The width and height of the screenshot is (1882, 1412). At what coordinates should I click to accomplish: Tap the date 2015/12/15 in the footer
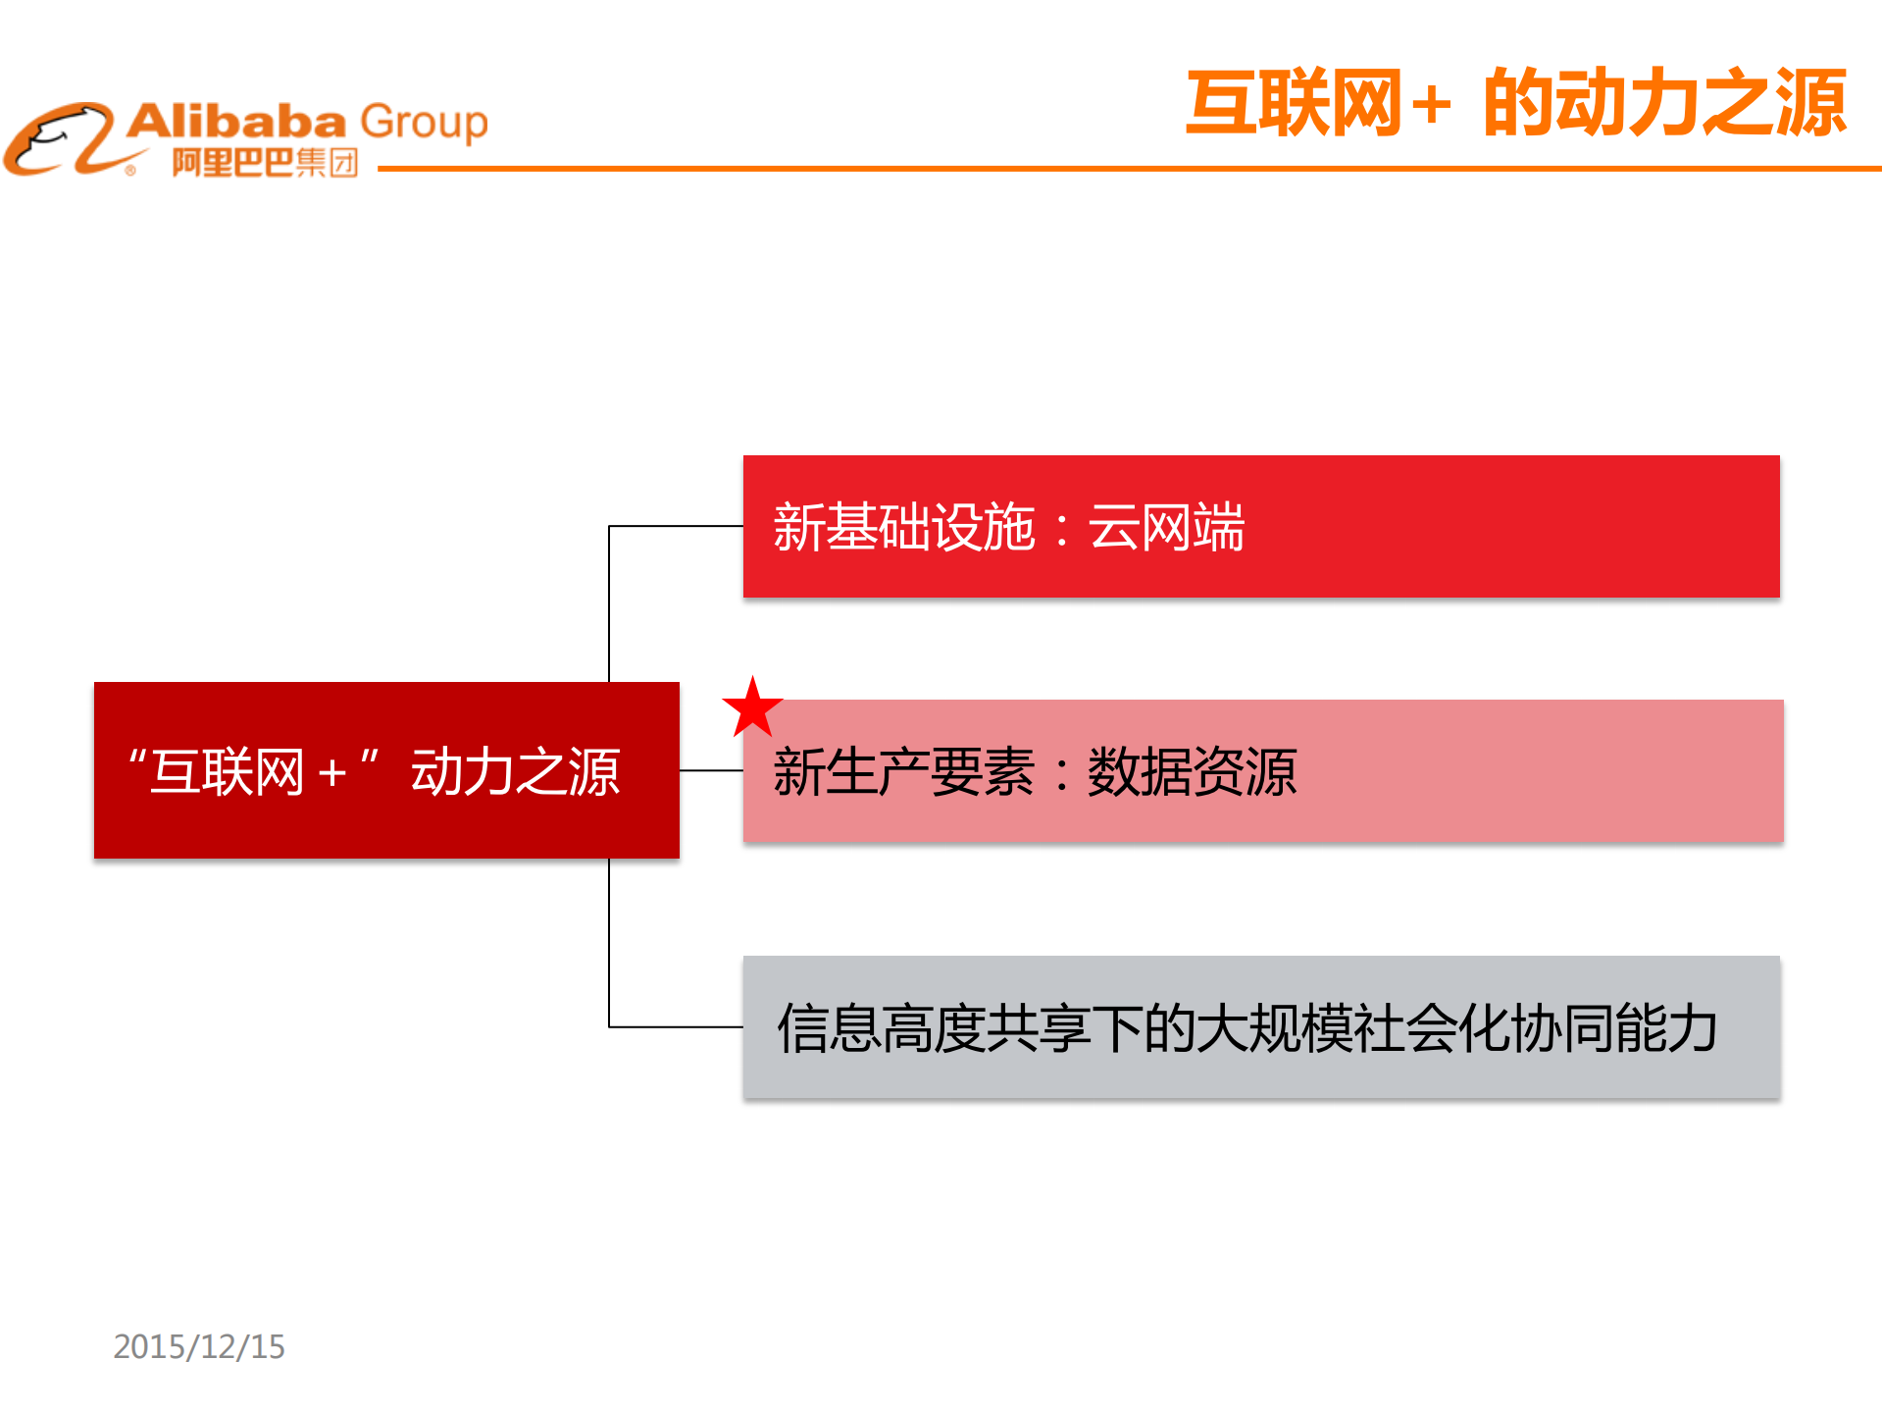(x=199, y=1346)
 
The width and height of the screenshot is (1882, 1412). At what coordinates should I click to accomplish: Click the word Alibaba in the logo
(x=236, y=122)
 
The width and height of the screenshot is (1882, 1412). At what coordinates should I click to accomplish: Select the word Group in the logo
(x=424, y=123)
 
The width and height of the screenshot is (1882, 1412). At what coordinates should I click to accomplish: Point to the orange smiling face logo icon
(x=61, y=139)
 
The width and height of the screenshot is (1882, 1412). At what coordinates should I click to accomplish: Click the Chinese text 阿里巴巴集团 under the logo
(x=265, y=162)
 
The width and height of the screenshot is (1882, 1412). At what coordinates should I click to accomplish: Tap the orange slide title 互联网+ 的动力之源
(x=1516, y=103)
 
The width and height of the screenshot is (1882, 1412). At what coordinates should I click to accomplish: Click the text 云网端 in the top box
(x=1166, y=527)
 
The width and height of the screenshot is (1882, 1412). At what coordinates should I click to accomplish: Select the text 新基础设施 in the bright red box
(x=903, y=527)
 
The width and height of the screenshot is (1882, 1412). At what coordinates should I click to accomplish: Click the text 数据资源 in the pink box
(x=1192, y=772)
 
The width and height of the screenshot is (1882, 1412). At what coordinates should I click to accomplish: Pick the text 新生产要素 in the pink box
(x=903, y=772)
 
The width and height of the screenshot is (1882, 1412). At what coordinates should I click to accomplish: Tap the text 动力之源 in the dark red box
(x=515, y=772)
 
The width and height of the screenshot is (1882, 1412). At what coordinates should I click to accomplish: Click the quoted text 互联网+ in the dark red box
(x=253, y=772)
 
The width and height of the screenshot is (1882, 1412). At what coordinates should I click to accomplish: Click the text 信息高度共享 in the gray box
(x=933, y=1028)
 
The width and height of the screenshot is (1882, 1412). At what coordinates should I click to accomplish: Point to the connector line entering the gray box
(x=677, y=1026)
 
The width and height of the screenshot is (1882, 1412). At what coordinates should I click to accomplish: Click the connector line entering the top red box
(x=677, y=527)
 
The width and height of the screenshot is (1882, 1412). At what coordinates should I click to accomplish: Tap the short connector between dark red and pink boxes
(x=711, y=770)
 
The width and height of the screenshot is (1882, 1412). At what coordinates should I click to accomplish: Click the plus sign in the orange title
(x=1433, y=105)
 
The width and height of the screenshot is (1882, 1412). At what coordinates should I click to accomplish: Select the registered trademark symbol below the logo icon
(x=130, y=171)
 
